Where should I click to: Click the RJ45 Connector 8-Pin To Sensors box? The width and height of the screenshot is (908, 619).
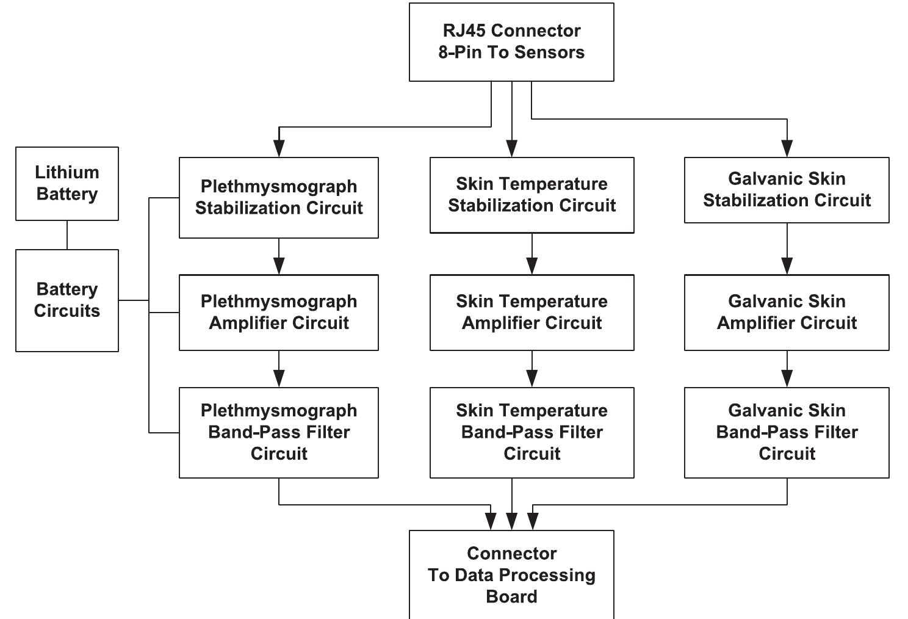coord(511,42)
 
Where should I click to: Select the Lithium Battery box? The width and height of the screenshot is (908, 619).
coord(67,183)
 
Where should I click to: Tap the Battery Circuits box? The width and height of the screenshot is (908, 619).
coord(67,300)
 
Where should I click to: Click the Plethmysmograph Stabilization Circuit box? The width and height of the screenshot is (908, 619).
coord(279,197)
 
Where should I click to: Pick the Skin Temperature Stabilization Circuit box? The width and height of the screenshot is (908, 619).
coord(531,195)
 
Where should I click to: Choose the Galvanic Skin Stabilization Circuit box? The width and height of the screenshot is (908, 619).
coord(787,190)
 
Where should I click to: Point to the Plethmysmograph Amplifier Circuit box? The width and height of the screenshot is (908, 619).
coord(279,312)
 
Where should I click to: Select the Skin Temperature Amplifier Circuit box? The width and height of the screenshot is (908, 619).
coord(531,312)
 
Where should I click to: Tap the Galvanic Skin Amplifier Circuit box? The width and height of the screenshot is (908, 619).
coord(787,312)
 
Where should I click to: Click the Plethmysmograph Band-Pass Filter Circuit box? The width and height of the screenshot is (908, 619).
coord(279,432)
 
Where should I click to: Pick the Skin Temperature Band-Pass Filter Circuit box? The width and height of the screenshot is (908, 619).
coord(531,432)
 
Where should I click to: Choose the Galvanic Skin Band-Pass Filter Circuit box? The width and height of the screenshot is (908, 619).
coord(787,432)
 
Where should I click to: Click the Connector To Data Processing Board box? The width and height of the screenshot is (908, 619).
coord(511,574)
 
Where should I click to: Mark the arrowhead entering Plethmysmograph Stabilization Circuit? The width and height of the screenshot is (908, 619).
coord(279,149)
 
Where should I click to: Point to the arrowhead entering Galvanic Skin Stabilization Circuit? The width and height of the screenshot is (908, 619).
coord(787,149)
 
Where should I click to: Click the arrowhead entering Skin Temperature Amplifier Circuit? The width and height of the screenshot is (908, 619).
coord(531,266)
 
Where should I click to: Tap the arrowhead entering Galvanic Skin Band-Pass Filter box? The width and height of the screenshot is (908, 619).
coord(787,378)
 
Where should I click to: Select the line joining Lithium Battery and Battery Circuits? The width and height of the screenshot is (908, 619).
coord(67,234)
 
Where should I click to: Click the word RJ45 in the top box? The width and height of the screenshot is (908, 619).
coord(463,31)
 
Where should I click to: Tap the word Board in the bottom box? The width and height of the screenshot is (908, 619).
coord(511,596)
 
